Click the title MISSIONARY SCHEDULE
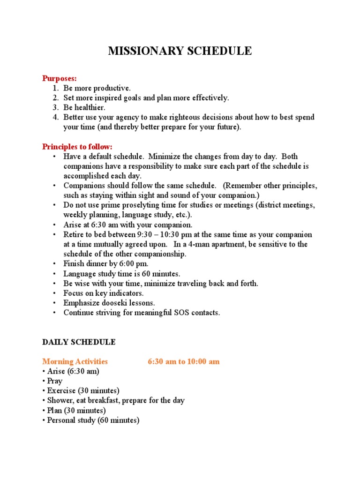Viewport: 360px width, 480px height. point(180,51)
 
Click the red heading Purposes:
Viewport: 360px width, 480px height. point(60,78)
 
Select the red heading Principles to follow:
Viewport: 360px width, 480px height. point(77,147)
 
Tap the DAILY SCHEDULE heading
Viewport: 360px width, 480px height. point(79,342)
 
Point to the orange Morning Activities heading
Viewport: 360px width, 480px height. point(75,361)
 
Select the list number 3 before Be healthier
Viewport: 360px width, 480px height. point(55,107)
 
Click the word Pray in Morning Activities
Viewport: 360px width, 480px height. point(54,381)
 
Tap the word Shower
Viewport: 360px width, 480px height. point(60,400)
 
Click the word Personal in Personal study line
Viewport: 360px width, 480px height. point(62,420)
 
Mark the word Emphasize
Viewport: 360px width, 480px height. point(80,303)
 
